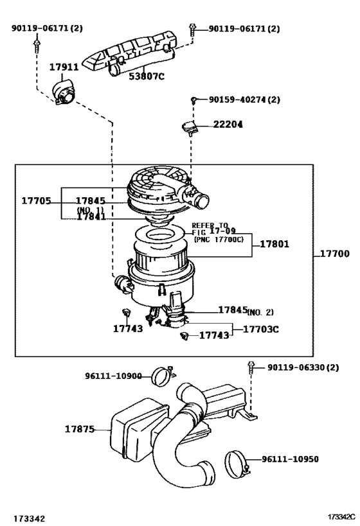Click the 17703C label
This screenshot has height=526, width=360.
[x=262, y=329]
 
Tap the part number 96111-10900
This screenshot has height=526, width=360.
[x=114, y=376]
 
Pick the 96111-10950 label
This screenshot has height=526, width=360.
[x=290, y=459]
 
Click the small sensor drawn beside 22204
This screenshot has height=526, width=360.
[x=189, y=126]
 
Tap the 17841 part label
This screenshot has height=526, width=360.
[x=91, y=217]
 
